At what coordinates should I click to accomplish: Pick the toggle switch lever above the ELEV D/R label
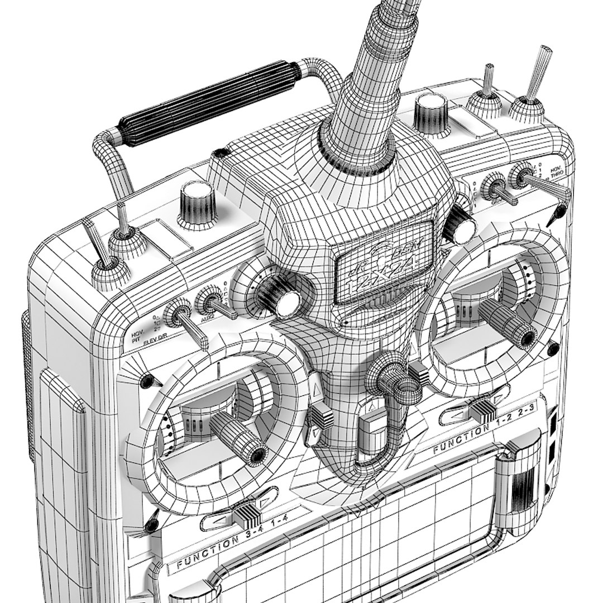click(x=193, y=332)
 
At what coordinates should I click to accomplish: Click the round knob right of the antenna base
click(x=431, y=112)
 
